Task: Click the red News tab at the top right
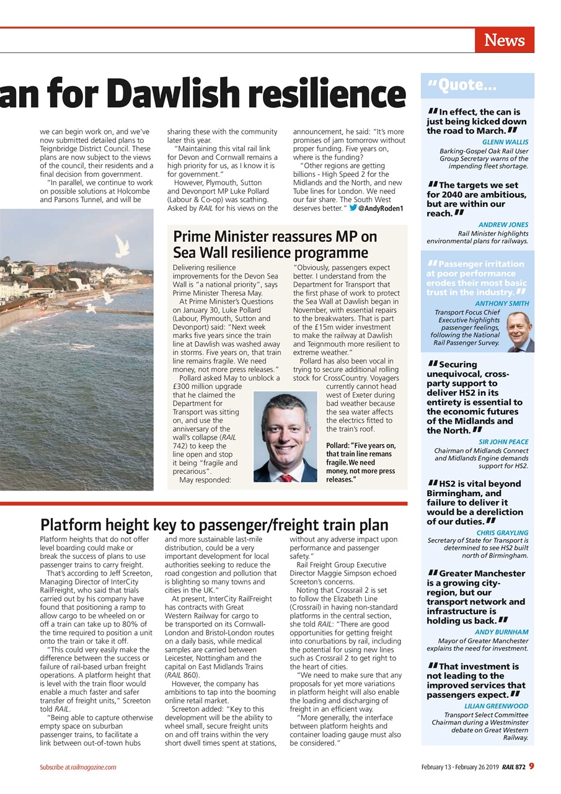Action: pyautogui.click(x=504, y=40)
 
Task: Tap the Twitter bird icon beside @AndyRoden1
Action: pyautogui.click(x=353, y=208)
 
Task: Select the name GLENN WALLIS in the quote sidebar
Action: pyautogui.click(x=505, y=142)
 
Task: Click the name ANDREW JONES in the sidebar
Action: pyautogui.click(x=503, y=225)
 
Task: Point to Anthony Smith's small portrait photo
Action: pyautogui.click(x=519, y=332)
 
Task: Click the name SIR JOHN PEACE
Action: pyautogui.click(x=503, y=442)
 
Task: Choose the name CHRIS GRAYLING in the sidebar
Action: pyautogui.click(x=502, y=532)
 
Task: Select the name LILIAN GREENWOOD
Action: pyautogui.click(x=496, y=706)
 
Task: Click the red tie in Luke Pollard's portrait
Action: pyautogui.click(x=285, y=478)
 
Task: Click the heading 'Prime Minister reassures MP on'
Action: pyautogui.click(x=283, y=236)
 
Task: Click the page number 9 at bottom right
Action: pyautogui.click(x=532, y=767)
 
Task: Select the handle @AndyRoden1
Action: pyautogui.click(x=381, y=208)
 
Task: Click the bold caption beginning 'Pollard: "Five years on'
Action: pyautogui.click(x=361, y=463)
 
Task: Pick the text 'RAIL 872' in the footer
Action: pyautogui.click(x=514, y=767)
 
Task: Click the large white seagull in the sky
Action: pyautogui.click(x=121, y=246)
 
